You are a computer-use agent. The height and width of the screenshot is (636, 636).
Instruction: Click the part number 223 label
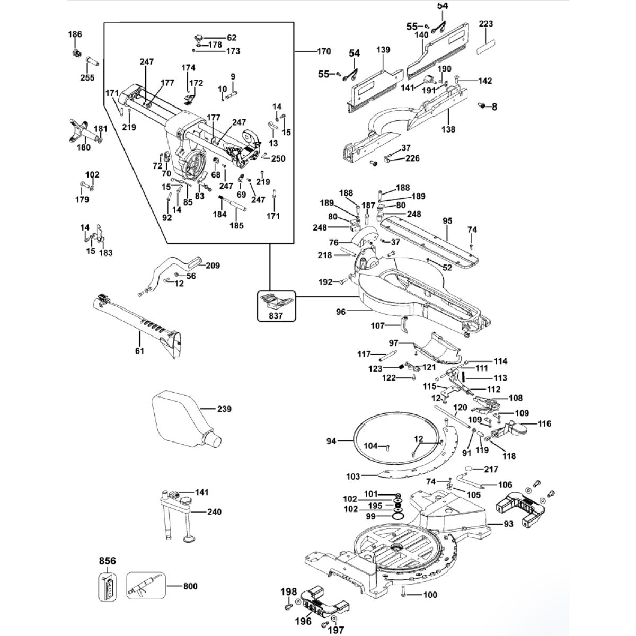[485, 24]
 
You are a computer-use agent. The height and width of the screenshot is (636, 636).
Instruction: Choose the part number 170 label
[323, 51]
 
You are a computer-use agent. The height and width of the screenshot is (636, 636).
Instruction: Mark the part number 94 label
[332, 440]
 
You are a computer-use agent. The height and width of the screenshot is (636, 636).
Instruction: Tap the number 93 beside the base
[508, 524]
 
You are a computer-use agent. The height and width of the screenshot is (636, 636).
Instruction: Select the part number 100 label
[430, 595]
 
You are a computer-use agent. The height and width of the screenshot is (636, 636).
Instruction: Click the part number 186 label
[75, 34]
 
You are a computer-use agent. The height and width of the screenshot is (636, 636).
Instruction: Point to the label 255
[87, 77]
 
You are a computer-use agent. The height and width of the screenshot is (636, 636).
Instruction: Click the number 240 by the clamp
[214, 512]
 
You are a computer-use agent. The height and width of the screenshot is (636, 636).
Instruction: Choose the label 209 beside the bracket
[213, 266]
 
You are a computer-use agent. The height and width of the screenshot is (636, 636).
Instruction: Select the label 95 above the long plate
[447, 220]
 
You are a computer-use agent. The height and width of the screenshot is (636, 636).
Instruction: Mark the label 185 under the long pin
[236, 225]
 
